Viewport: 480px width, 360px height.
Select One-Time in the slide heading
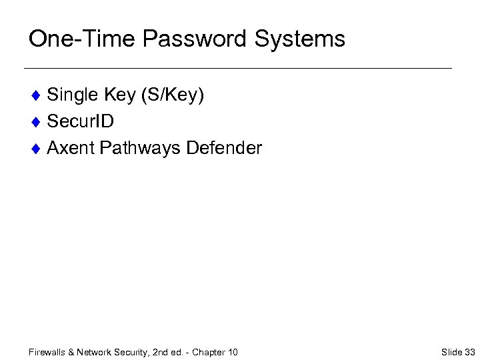[x=82, y=39]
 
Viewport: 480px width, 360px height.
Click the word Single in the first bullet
[x=73, y=95]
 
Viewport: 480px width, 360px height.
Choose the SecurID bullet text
[x=81, y=121]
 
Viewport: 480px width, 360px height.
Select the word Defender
[x=225, y=147]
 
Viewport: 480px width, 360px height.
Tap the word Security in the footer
[x=127, y=352]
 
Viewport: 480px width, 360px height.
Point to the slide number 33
[x=469, y=352]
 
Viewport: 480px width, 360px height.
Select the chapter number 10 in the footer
[x=232, y=352]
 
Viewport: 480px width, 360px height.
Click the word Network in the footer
[x=93, y=352]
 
